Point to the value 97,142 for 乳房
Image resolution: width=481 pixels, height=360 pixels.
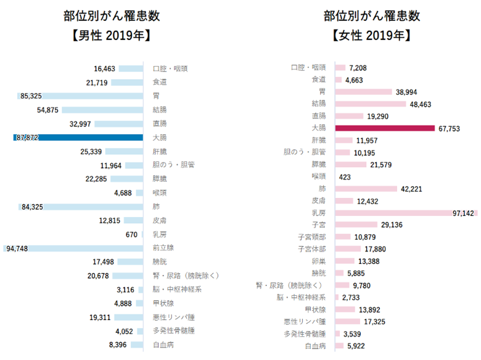[464, 213]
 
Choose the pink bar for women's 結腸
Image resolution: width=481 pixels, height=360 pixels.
[370, 104]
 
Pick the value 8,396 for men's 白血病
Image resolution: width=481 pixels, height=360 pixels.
[117, 345]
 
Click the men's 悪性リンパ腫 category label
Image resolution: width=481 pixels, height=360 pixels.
[173, 317]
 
